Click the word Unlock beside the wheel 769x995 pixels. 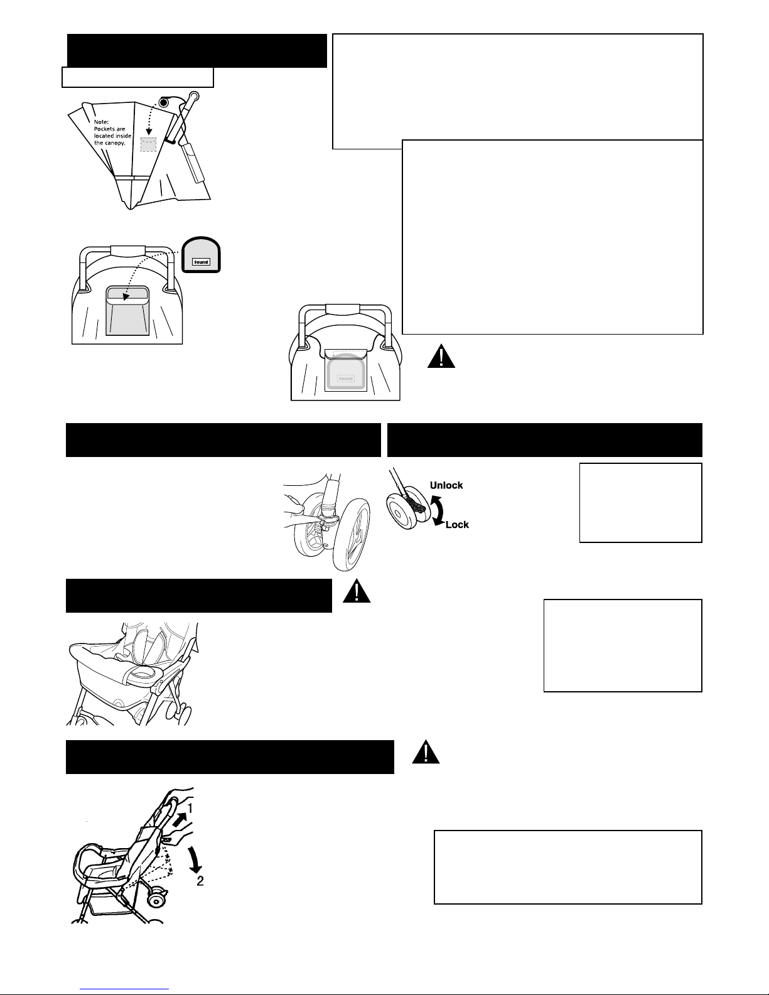446,485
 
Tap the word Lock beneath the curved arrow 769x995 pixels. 457,525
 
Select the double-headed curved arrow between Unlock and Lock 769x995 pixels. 438,510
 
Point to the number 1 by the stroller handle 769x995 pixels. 190,809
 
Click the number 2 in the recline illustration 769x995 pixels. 200,881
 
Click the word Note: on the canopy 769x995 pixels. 101,122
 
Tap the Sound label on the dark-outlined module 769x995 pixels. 201,262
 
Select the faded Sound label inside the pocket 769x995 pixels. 346,379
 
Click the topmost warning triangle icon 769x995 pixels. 441,356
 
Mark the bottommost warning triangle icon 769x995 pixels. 426,752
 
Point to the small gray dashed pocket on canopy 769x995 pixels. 148,144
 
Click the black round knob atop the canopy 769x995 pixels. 163,102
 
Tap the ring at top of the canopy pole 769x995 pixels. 193,96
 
